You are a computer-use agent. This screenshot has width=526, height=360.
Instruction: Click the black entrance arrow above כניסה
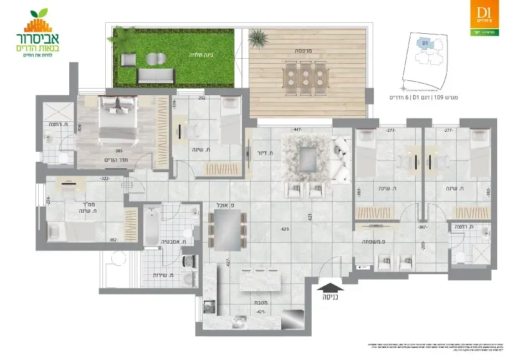(x=329, y=286)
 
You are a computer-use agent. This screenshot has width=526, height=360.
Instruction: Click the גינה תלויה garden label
(x=199, y=55)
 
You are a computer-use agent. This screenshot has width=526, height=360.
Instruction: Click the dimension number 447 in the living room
(x=298, y=130)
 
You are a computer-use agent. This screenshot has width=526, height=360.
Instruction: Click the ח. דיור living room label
(x=262, y=153)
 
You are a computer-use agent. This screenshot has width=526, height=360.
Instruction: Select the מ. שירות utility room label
(x=163, y=275)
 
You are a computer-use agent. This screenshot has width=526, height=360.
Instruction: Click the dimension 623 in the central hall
(x=285, y=229)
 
